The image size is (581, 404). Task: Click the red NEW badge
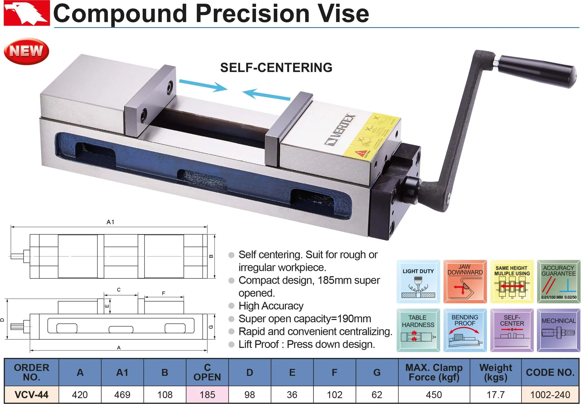(26, 51)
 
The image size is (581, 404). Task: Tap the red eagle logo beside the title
(26, 13)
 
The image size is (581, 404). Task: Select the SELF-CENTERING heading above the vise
(276, 68)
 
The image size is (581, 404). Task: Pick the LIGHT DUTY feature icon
(418, 282)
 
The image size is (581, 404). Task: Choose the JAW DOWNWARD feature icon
(465, 282)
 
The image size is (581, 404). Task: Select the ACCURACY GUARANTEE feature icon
(558, 282)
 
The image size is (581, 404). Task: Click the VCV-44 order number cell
(32, 395)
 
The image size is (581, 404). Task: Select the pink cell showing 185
(207, 395)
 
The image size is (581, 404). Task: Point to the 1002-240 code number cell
(550, 395)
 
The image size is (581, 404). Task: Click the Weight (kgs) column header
(495, 372)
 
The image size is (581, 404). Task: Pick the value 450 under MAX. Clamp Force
(434, 395)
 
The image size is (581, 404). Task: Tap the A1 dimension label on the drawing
(110, 222)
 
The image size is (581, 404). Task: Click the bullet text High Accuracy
(271, 306)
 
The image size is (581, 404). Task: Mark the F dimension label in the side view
(164, 293)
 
